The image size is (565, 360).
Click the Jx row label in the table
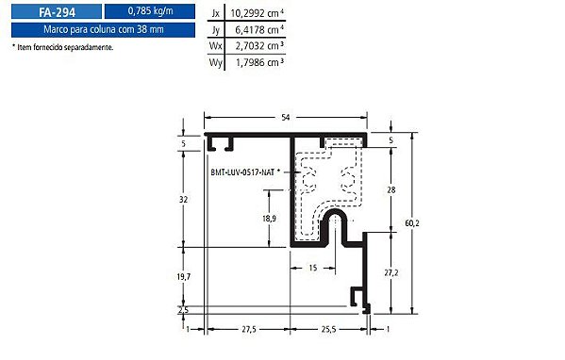(216, 13)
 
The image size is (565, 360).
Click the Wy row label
(216, 61)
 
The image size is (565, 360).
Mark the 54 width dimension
(286, 117)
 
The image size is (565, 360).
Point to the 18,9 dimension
(269, 219)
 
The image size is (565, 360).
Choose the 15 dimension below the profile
(311, 269)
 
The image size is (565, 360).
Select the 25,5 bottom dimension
(327, 329)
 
